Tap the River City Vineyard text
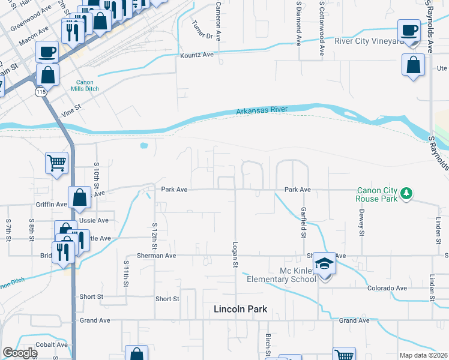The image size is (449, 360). (369, 41)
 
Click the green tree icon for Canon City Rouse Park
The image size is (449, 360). (407, 193)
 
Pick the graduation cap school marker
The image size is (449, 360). (324, 265)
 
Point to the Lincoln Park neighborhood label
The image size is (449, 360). (240, 310)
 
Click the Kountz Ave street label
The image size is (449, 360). (197, 55)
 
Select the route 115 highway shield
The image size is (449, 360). (40, 92)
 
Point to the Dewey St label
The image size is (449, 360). (362, 224)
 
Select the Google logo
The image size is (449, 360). (19, 353)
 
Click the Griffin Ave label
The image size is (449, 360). (52, 205)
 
